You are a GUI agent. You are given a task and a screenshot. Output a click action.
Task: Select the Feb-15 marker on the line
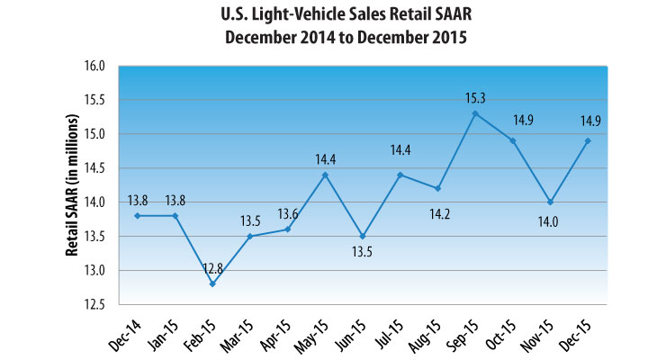(x=212, y=284)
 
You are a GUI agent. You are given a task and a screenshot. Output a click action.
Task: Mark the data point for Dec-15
(x=587, y=140)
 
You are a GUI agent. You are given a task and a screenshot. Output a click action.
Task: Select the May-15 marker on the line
(x=325, y=175)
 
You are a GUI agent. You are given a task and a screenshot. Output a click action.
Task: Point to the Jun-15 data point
(x=362, y=236)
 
